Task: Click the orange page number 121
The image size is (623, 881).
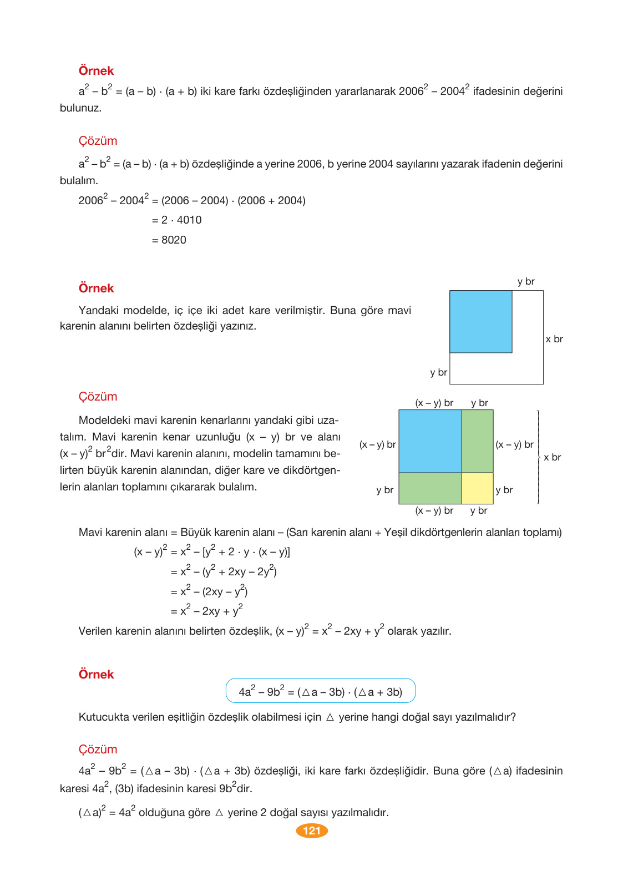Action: point(312,831)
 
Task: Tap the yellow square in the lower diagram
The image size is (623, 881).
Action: point(477,488)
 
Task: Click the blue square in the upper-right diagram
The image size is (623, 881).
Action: point(480,321)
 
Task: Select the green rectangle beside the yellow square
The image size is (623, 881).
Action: point(430,488)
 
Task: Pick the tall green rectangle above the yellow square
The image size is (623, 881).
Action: point(477,441)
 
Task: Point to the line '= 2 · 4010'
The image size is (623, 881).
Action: point(176,220)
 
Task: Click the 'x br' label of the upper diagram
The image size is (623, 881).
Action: point(554,339)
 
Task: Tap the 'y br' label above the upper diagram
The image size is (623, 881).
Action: point(525,281)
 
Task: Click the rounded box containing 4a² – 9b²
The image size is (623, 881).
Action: point(320,691)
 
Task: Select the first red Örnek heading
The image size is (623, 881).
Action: point(96,71)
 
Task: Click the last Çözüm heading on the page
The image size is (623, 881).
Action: point(98,749)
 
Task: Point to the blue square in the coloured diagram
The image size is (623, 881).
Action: point(430,441)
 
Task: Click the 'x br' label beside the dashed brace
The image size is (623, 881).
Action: point(552,457)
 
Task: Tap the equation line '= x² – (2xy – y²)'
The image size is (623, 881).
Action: point(209,591)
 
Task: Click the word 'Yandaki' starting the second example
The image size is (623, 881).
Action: point(98,310)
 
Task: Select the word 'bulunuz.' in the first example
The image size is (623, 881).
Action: point(80,108)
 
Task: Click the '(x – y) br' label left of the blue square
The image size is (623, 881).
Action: point(377,444)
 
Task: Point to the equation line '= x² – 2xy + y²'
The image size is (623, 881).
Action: point(206,611)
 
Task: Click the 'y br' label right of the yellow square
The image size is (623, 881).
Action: point(504,490)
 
